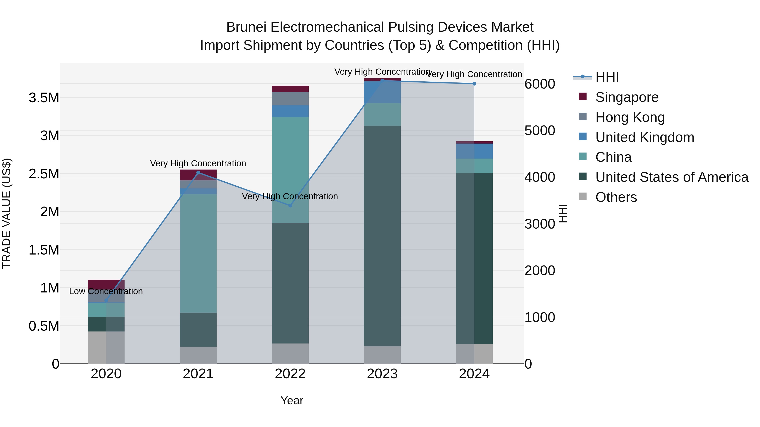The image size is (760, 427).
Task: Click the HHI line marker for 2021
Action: pos(198,173)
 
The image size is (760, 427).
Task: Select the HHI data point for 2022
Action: pos(290,205)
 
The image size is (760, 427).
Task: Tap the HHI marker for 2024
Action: pos(474,84)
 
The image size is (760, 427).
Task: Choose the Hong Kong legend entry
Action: pos(630,117)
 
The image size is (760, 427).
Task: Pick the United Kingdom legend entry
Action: pos(645,137)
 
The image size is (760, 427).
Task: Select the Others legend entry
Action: pos(616,197)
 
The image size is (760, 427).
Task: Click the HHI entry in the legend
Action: pos(607,77)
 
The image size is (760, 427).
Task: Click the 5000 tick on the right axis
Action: pos(540,131)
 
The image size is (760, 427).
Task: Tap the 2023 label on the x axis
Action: pos(382,374)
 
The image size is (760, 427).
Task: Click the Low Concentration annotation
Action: pos(106,291)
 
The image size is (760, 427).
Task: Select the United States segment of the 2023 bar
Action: pos(382,236)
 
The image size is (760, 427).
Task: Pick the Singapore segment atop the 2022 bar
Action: pos(290,89)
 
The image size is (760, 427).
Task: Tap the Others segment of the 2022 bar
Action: pos(290,353)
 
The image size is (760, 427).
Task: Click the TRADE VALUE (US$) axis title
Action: pos(7,213)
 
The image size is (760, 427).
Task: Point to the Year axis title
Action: pos(292,400)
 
